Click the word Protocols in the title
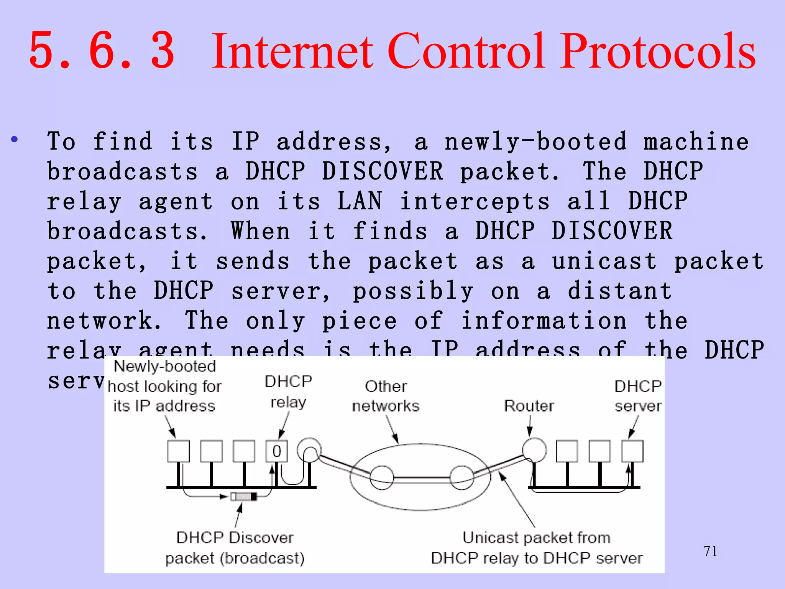tap(659, 51)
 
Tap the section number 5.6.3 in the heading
tap(102, 51)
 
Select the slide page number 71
tap(710, 551)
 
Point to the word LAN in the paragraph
tap(360, 201)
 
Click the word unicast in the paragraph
tap(604, 261)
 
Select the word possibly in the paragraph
tap(413, 291)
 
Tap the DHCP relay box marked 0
tap(276, 451)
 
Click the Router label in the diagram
tap(529, 406)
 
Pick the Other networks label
tap(386, 396)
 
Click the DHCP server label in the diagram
tap(638, 396)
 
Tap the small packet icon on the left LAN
tap(244, 497)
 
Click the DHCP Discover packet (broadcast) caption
tap(235, 548)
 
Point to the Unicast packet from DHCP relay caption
tap(537, 548)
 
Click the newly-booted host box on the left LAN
tap(178, 451)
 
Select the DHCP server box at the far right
tap(632, 451)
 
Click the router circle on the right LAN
tap(534, 450)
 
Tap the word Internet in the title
tap(292, 51)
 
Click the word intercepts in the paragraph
tap(475, 201)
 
